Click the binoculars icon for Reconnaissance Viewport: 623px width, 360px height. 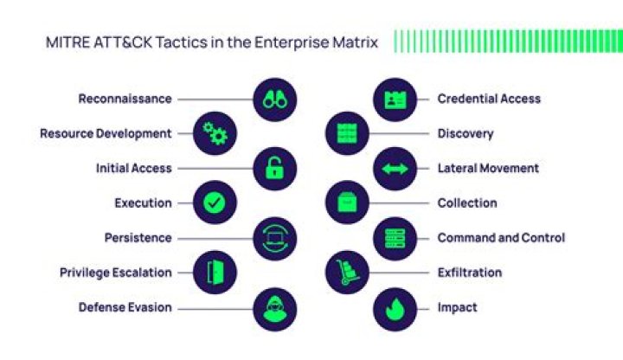[x=275, y=100]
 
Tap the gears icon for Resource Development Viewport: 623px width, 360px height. [x=215, y=133]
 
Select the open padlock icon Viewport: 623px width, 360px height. [x=275, y=169]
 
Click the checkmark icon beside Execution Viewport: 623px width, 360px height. [x=215, y=202]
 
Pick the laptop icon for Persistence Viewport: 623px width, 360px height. [x=275, y=238]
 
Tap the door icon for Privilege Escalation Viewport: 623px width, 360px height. [x=215, y=273]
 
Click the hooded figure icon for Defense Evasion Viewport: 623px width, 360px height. [x=275, y=309]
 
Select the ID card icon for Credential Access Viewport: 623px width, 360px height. [x=395, y=100]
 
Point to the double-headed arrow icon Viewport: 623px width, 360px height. [x=395, y=169]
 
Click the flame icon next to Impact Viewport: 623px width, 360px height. [x=395, y=309]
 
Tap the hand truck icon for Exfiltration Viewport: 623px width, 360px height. [x=347, y=273]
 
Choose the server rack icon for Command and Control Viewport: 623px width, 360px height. [x=395, y=238]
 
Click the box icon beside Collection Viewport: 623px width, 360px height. [x=347, y=202]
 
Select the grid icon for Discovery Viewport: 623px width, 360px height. [x=347, y=133]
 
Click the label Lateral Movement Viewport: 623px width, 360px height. [x=488, y=168]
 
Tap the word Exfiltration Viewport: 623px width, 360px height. [x=470, y=273]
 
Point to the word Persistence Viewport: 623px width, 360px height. [x=138, y=238]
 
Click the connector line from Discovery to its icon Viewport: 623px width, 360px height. [x=399, y=133]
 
